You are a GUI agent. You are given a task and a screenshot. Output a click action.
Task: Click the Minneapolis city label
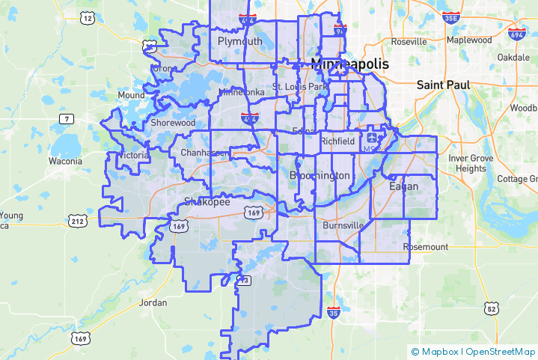tap(349, 64)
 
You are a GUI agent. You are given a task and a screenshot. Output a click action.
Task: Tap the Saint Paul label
tap(444, 85)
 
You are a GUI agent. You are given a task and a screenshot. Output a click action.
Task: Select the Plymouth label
tap(239, 41)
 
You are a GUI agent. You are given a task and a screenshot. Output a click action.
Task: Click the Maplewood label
tap(469, 40)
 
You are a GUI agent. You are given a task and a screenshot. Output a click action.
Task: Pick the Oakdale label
tap(513, 57)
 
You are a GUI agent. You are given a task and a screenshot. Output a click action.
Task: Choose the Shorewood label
tap(173, 123)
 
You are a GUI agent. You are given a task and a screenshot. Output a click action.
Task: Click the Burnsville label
tap(343, 225)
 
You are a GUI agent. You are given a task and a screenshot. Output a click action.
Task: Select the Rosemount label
tap(426, 247)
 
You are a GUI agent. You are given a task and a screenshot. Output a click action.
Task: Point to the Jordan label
tap(153, 303)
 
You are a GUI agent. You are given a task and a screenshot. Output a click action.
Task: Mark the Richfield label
tap(337, 141)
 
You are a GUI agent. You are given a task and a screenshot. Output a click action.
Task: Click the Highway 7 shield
tap(67, 119)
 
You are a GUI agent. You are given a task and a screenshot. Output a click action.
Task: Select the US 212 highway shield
tap(77, 221)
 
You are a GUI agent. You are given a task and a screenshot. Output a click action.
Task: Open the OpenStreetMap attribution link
tap(501, 351)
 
